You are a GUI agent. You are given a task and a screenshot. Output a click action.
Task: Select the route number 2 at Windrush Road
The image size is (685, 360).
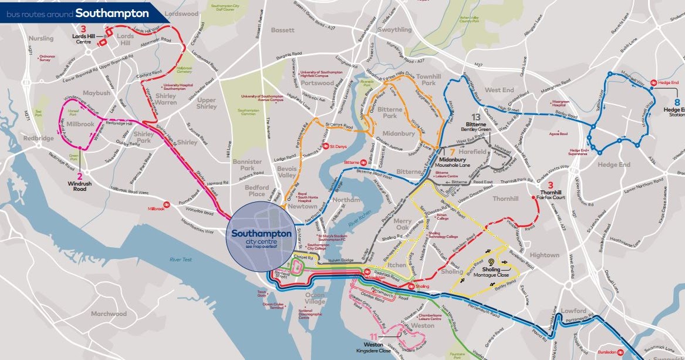click(80, 176)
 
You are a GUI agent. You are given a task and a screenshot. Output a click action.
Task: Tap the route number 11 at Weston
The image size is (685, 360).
click(373, 337)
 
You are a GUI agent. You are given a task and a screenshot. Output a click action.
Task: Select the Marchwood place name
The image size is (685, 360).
click(109, 314)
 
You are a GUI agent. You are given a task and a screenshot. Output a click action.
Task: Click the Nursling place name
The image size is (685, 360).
click(41, 38)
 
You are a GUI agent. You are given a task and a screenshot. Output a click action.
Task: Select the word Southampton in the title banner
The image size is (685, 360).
click(112, 12)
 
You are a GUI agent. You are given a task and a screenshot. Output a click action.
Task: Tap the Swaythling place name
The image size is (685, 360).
click(395, 29)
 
